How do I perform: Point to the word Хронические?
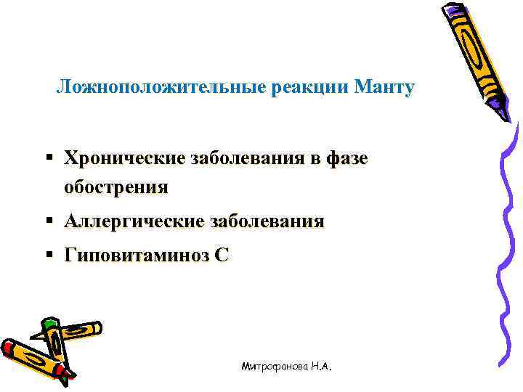tap(123, 158)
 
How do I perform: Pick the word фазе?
tap(348, 158)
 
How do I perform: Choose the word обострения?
tap(115, 187)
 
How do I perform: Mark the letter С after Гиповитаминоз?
tap(222, 255)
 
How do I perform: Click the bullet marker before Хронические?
tap(48, 158)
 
